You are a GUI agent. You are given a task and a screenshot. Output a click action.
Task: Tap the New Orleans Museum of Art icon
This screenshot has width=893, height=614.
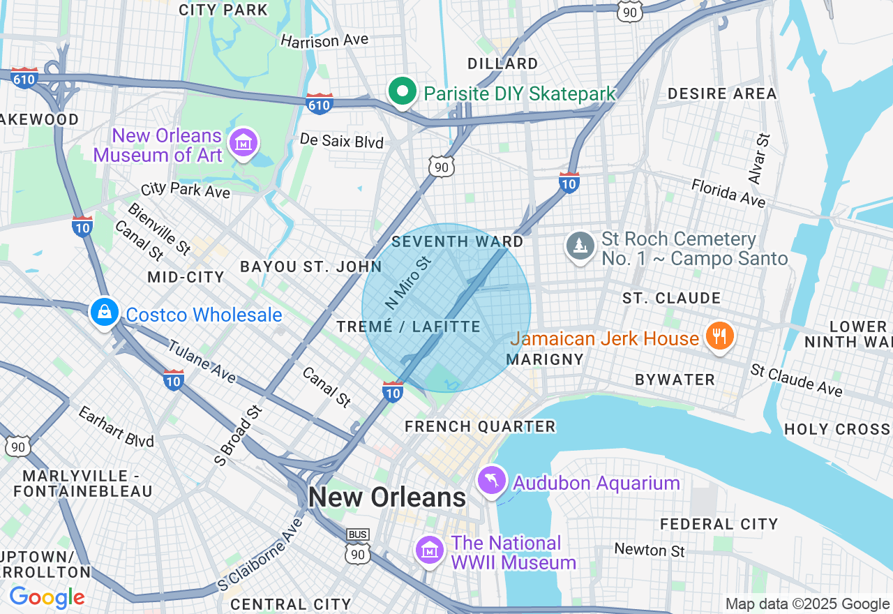(243, 144)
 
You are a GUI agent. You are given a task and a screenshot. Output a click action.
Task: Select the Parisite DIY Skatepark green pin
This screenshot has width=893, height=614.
(403, 93)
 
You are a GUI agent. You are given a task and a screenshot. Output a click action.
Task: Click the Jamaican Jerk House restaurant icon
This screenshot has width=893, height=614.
(719, 337)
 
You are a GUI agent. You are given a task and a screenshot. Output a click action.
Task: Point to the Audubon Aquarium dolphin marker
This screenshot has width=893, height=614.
(492, 481)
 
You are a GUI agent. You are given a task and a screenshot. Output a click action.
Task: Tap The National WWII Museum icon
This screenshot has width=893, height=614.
(429, 551)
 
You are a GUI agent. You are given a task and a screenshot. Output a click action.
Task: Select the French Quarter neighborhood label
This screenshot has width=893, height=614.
(480, 426)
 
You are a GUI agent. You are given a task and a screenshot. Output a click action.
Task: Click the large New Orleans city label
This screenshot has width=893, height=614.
(387, 497)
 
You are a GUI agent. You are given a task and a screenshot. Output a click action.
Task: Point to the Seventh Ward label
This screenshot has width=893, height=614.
(458, 241)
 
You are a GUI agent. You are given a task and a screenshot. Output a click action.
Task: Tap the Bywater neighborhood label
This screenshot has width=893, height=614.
(675, 380)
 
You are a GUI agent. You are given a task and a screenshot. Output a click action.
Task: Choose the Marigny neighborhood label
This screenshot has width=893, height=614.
(544, 359)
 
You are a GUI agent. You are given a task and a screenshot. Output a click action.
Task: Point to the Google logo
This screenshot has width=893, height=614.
(47, 597)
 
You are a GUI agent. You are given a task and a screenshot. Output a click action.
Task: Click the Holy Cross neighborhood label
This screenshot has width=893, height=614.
(837, 429)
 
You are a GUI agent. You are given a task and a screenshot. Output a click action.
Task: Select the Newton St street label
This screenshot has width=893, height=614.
(650, 550)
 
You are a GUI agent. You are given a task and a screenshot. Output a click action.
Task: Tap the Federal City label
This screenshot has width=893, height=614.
(719, 523)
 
